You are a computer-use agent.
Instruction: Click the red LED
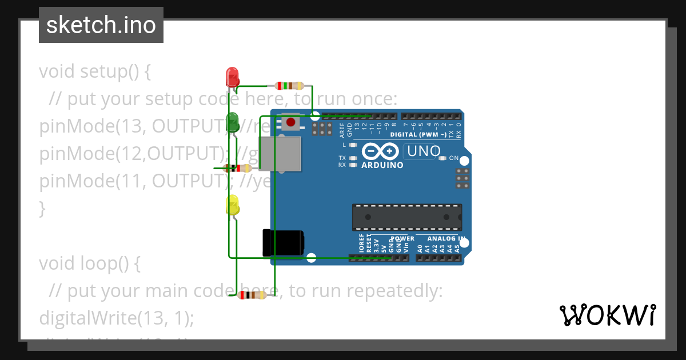[x=233, y=77]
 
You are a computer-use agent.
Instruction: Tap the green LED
[x=233, y=122]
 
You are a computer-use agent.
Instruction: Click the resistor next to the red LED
[x=290, y=86]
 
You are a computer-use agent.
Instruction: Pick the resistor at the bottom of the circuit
[x=252, y=295]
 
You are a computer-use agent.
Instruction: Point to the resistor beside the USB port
[x=238, y=168]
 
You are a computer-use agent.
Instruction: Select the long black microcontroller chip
[x=406, y=217]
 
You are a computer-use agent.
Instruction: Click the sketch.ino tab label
[x=101, y=25]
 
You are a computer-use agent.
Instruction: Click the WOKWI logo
[x=607, y=315]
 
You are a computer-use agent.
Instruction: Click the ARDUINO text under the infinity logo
[x=382, y=165]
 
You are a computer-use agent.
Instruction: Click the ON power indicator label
[x=453, y=158]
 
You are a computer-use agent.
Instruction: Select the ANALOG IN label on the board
[x=446, y=238]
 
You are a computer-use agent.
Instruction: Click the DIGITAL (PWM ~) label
[x=418, y=135]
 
